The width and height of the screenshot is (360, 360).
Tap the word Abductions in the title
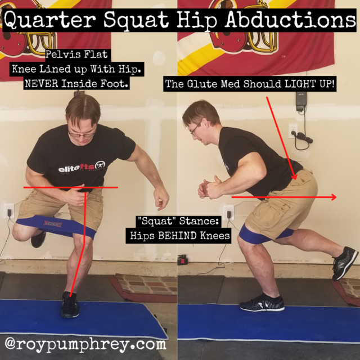click(x=290, y=19)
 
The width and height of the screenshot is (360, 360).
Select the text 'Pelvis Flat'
click(x=76, y=55)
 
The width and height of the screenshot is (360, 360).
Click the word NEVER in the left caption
click(x=42, y=84)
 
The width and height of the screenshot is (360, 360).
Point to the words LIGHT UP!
click(x=309, y=84)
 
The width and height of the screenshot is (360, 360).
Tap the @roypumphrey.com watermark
click(x=85, y=344)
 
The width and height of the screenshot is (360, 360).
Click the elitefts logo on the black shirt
click(x=82, y=168)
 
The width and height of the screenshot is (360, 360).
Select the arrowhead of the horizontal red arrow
click(x=334, y=197)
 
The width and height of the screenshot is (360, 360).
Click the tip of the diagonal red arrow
click(x=294, y=179)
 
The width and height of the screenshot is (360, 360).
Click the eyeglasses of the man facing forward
click(x=81, y=134)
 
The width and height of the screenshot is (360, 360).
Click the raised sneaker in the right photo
click(x=345, y=263)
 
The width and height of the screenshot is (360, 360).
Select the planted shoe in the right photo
click(x=262, y=303)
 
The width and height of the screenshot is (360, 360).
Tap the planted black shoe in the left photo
click(x=70, y=304)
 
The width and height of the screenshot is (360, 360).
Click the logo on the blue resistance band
click(x=53, y=224)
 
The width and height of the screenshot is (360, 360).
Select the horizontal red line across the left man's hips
click(x=71, y=187)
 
